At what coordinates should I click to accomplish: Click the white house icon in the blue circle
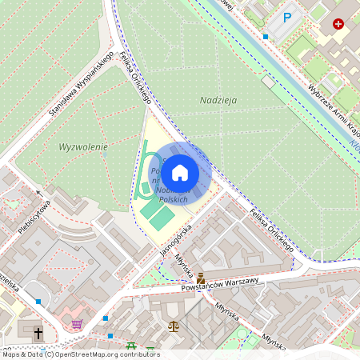(x=180, y=172)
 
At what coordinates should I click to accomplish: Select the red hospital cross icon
(x=338, y=24)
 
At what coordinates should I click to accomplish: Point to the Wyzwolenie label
(x=84, y=147)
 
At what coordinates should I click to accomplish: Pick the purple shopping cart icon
(x=77, y=324)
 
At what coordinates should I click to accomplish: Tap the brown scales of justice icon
(x=174, y=327)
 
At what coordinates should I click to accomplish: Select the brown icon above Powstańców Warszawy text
(x=200, y=278)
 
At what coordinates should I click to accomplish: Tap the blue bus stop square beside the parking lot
(x=265, y=36)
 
